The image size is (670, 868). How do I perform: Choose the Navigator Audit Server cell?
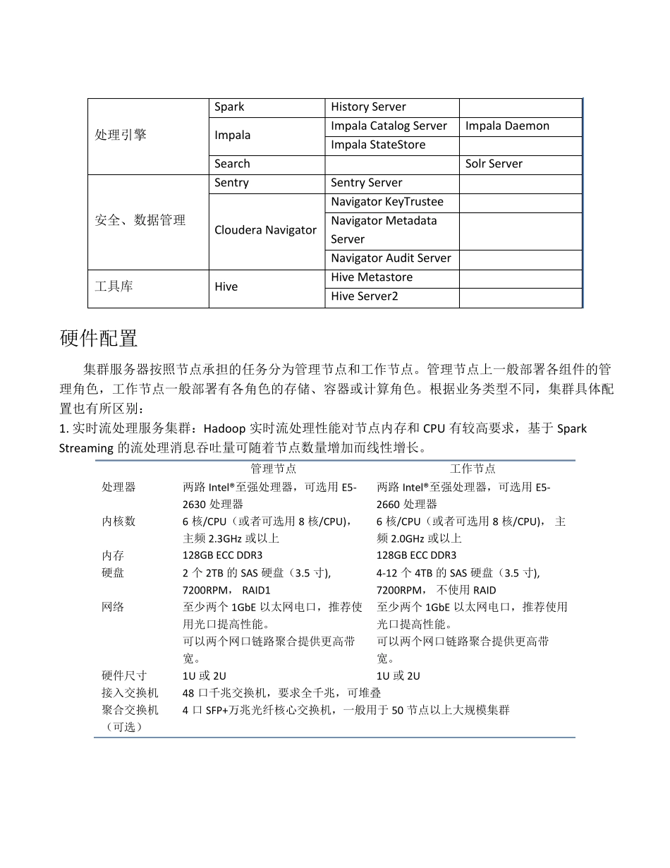point(391,258)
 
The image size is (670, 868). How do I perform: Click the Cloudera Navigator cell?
point(265,230)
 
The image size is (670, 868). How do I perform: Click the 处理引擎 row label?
point(121,135)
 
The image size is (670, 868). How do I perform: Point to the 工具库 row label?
point(114,287)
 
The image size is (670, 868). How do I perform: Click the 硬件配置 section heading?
point(99,339)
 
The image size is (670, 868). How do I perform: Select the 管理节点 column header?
point(274,469)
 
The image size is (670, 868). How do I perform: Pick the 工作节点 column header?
point(473,469)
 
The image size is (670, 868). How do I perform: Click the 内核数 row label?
point(118,522)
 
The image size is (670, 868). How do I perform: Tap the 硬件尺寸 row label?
point(124,676)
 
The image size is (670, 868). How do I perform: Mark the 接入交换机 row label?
point(130,693)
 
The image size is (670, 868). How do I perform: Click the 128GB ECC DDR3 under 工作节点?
point(416,555)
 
